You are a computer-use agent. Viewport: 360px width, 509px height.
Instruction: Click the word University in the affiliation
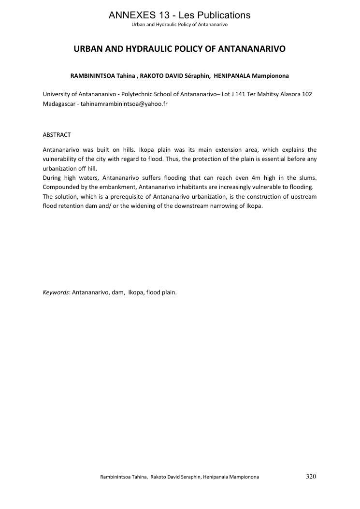57,94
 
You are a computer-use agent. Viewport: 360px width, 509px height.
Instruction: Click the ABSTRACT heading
57,135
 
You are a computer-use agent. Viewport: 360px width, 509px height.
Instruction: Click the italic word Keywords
56,292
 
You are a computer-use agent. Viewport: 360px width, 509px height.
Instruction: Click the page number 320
311,477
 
